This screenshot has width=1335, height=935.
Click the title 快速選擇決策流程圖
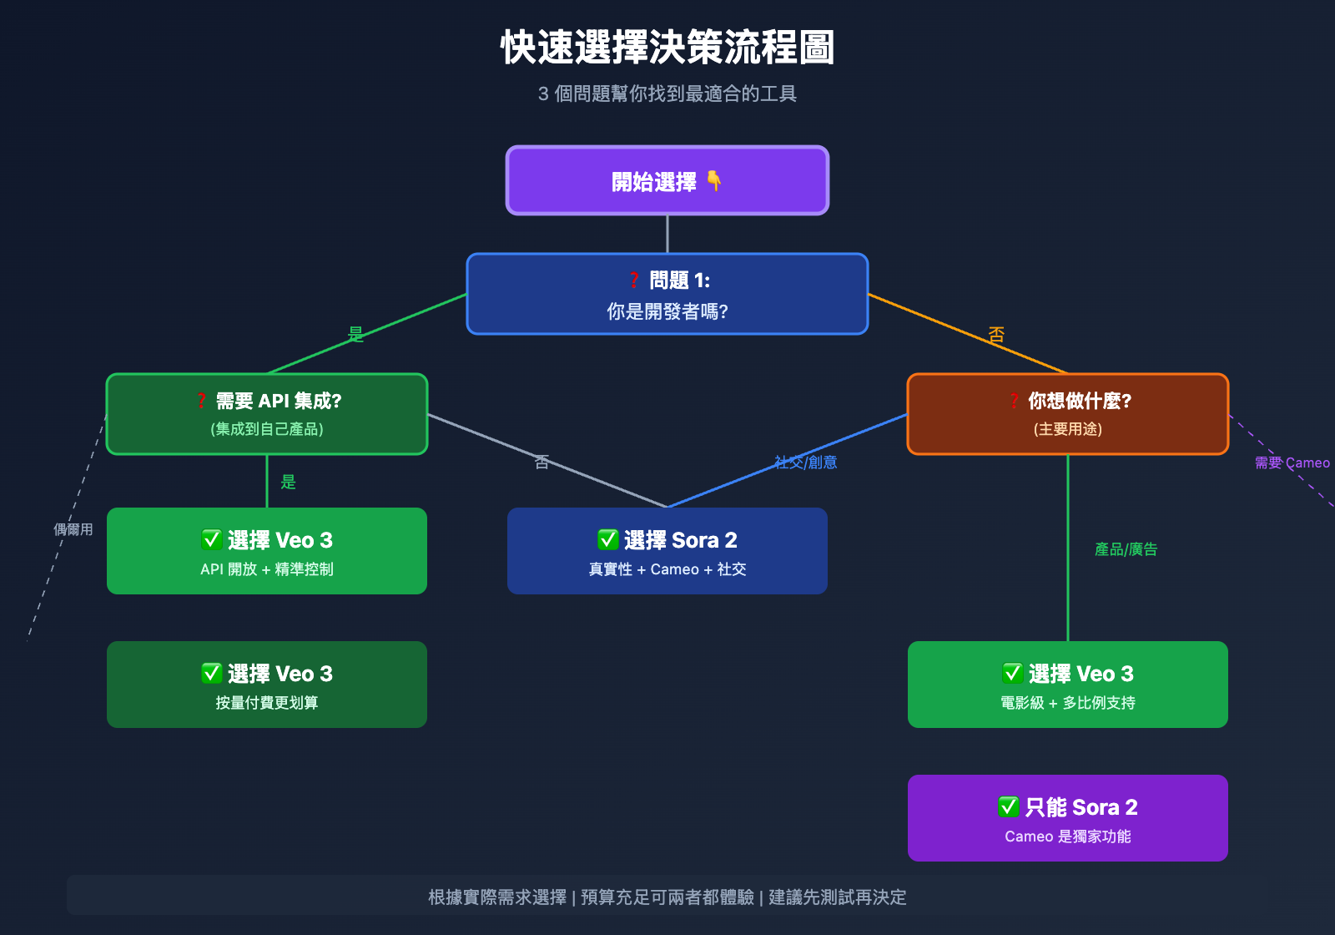[667, 48]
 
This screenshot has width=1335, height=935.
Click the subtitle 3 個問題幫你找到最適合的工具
[667, 93]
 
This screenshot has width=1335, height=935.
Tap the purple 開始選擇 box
[667, 180]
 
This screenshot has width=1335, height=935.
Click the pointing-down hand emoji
[714, 180]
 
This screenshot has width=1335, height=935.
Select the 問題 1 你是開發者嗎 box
[667, 294]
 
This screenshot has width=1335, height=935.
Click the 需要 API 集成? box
[267, 414]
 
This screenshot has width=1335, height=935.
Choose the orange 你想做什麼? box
[1068, 414]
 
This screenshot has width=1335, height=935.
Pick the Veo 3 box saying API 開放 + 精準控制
[267, 551]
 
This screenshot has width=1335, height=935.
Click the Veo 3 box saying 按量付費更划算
[267, 685]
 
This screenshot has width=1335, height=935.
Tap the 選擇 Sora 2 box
[667, 551]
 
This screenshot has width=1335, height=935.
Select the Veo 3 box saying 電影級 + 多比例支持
[1068, 685]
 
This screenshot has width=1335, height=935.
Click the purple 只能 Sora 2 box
[1068, 818]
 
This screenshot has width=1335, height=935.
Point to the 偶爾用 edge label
[73, 529]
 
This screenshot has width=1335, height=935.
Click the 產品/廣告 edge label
[1126, 549]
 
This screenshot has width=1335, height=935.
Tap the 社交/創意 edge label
[805, 462]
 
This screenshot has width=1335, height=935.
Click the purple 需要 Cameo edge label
[1292, 463]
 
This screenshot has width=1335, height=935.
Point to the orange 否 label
[996, 335]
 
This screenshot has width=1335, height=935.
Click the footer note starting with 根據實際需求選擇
[667, 897]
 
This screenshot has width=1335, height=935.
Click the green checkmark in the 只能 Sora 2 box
[1009, 807]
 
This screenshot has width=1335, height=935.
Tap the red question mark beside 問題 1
[634, 280]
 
